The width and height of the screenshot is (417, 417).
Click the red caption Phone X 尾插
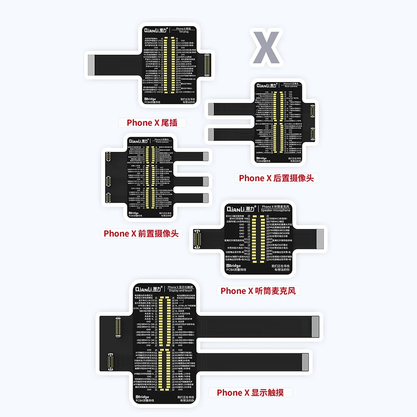151,123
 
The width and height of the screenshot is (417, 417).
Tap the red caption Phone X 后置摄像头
276,178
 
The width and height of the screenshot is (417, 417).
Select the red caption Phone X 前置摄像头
141,234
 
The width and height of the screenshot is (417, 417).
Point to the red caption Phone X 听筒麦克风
258,291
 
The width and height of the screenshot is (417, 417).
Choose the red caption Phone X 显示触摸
254,392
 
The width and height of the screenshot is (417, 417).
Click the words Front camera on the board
162,143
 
